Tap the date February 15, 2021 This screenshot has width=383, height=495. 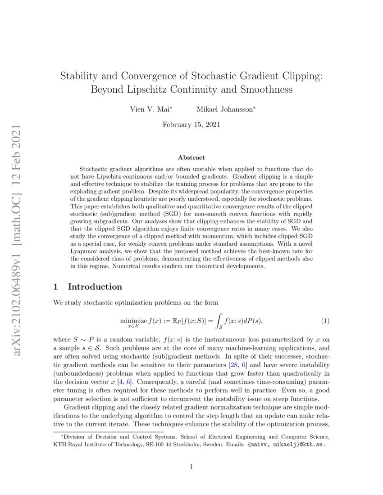(191, 125)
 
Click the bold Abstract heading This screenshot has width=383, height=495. (191, 157)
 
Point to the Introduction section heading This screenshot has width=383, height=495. (95, 287)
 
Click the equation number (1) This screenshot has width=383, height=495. (325, 321)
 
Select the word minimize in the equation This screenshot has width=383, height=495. (134, 320)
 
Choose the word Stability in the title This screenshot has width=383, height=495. (78, 75)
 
